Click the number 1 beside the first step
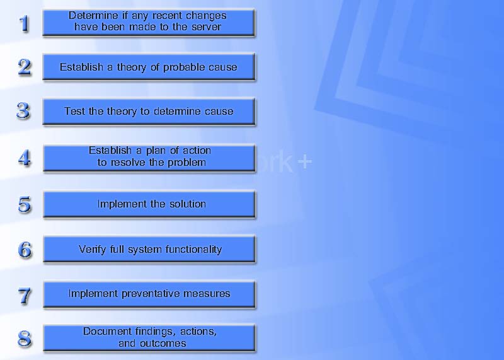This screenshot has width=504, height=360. tap(25, 24)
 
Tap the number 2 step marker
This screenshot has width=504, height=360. tap(25, 67)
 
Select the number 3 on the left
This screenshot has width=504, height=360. tap(23, 112)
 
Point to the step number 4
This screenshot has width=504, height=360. tap(25, 158)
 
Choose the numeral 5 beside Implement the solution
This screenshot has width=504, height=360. tap(25, 205)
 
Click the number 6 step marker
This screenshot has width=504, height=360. tap(25, 250)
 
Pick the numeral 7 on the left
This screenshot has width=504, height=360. tap(25, 296)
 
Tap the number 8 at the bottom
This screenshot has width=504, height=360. tap(25, 339)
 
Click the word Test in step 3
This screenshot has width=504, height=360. tap(75, 112)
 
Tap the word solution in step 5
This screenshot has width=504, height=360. tap(188, 204)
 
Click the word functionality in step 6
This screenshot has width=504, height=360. tap(193, 250)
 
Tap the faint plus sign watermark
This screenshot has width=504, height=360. tap(304, 162)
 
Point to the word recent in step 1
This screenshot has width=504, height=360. tap(167, 15)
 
